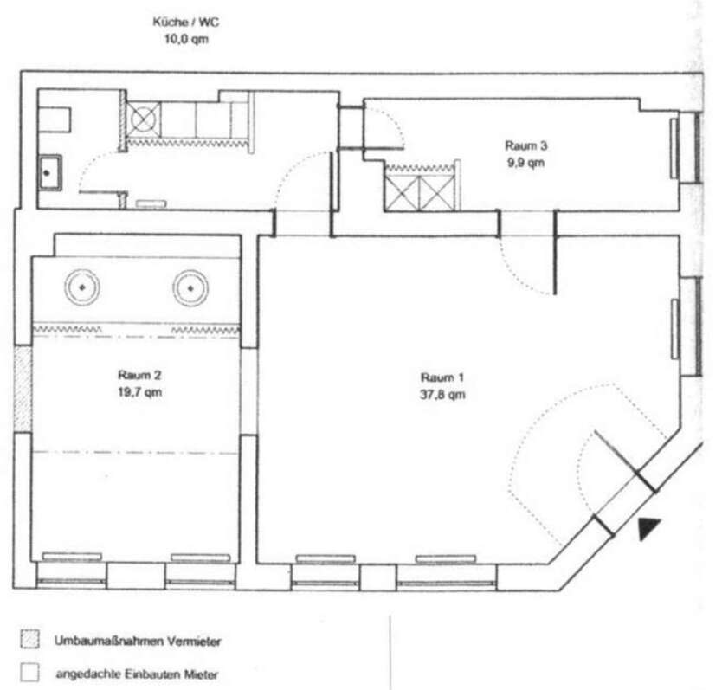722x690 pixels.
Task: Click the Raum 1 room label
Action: tap(442, 377)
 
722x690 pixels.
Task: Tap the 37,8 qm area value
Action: tap(442, 395)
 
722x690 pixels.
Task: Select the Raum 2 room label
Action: tap(139, 375)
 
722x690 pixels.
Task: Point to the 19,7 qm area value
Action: tap(139, 392)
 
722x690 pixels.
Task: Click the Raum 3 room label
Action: tap(525, 145)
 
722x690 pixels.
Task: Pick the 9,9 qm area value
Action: tap(525, 163)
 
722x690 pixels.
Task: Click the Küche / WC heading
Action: tap(186, 22)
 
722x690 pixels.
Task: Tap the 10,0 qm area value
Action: tap(186, 39)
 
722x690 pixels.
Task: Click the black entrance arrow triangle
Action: tap(648, 527)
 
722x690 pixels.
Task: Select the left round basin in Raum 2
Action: tap(82, 287)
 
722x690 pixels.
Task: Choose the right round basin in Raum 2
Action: tap(190, 288)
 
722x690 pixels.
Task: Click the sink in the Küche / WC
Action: tap(49, 172)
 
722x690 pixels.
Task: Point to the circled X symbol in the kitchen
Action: tap(143, 119)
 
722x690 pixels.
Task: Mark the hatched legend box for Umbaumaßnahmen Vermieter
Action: tap(29, 640)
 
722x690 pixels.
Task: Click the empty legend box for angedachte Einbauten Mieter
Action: tap(29, 673)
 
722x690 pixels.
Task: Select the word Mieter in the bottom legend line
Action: tap(201, 674)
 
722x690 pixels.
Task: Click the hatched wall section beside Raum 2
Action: tap(23, 390)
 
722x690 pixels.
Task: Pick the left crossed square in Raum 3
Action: tap(402, 192)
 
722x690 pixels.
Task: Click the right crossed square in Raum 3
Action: tap(437, 192)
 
